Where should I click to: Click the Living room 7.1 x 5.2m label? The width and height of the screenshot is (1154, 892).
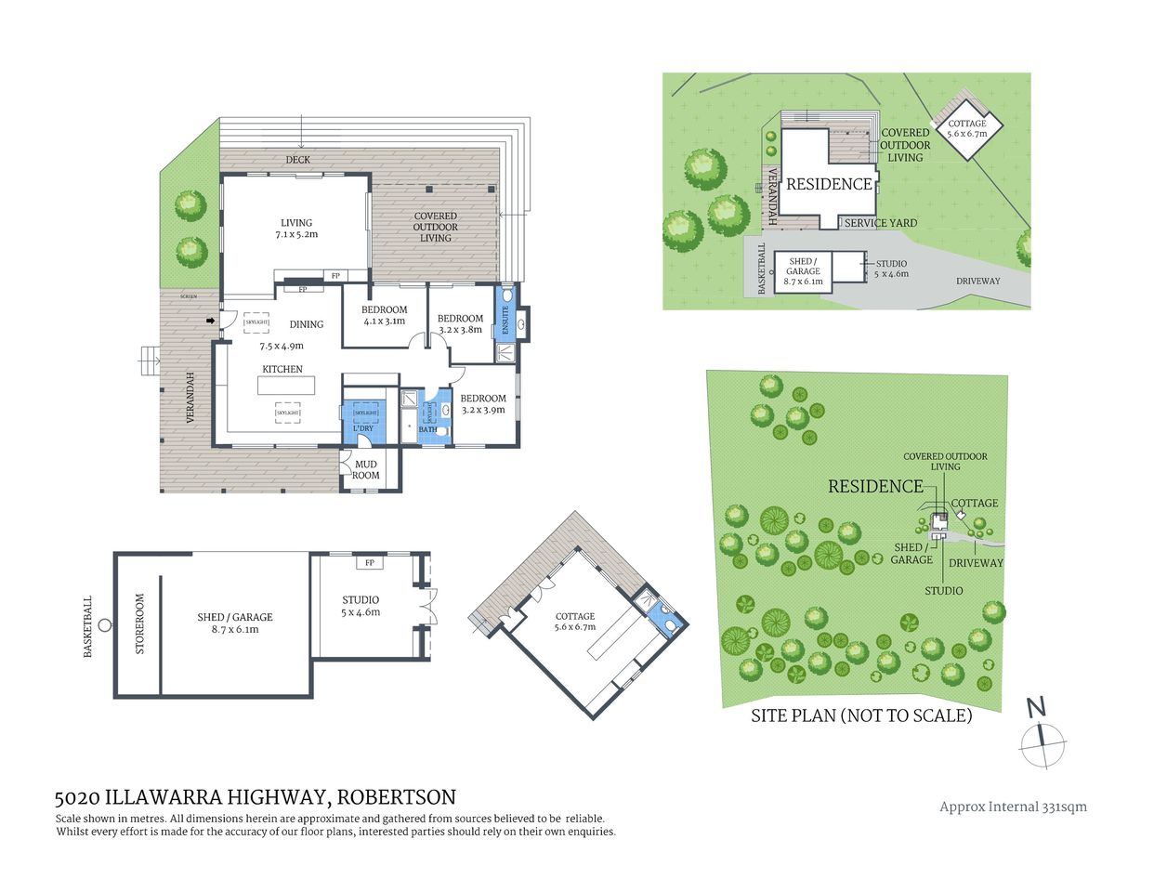pyautogui.click(x=296, y=229)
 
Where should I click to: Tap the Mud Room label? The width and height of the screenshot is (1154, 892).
pyautogui.click(x=366, y=469)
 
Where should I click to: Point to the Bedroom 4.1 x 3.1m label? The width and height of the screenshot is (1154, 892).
pyautogui.click(x=384, y=315)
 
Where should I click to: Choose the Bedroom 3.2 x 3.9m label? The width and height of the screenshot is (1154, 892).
pyautogui.click(x=483, y=403)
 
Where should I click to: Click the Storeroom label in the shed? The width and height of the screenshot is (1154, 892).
pyautogui.click(x=140, y=624)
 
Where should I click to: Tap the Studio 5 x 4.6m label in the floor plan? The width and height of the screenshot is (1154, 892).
pyautogui.click(x=361, y=606)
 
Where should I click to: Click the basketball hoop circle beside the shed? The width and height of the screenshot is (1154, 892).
pyautogui.click(x=105, y=624)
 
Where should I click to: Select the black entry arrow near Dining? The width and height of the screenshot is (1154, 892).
pyautogui.click(x=211, y=321)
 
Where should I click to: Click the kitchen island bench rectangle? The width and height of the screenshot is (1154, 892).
pyautogui.click(x=286, y=385)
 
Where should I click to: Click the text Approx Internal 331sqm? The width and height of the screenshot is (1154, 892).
pyautogui.click(x=1013, y=807)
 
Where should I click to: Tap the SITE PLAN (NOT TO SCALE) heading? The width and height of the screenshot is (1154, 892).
pyautogui.click(x=861, y=715)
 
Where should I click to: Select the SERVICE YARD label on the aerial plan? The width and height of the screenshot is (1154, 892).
pyautogui.click(x=880, y=223)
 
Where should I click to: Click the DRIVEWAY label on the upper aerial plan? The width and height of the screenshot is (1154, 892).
pyautogui.click(x=977, y=281)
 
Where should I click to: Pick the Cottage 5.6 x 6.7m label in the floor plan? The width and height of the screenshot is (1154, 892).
pyautogui.click(x=575, y=622)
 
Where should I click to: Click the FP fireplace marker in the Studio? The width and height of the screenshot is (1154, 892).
pyautogui.click(x=369, y=563)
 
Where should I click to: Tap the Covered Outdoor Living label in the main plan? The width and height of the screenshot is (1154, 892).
pyautogui.click(x=435, y=227)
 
